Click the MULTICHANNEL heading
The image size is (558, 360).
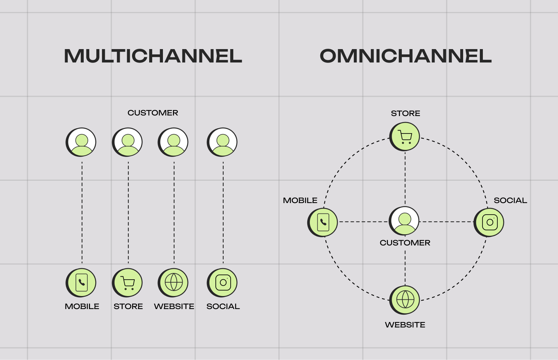153,56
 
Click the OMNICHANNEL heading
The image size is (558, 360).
405,56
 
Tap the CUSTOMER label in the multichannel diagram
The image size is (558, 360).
153,113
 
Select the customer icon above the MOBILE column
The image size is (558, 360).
81,142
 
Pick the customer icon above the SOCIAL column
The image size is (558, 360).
222,142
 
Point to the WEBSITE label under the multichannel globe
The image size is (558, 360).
174,306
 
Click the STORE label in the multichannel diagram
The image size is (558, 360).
128,306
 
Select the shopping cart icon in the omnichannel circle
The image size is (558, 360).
405,136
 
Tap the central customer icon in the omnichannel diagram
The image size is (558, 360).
404,221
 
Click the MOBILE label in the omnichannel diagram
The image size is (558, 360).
300,200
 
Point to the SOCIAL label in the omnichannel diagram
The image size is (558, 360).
510,200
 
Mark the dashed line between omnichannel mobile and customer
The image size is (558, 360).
363,222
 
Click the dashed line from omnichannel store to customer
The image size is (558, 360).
405,179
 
